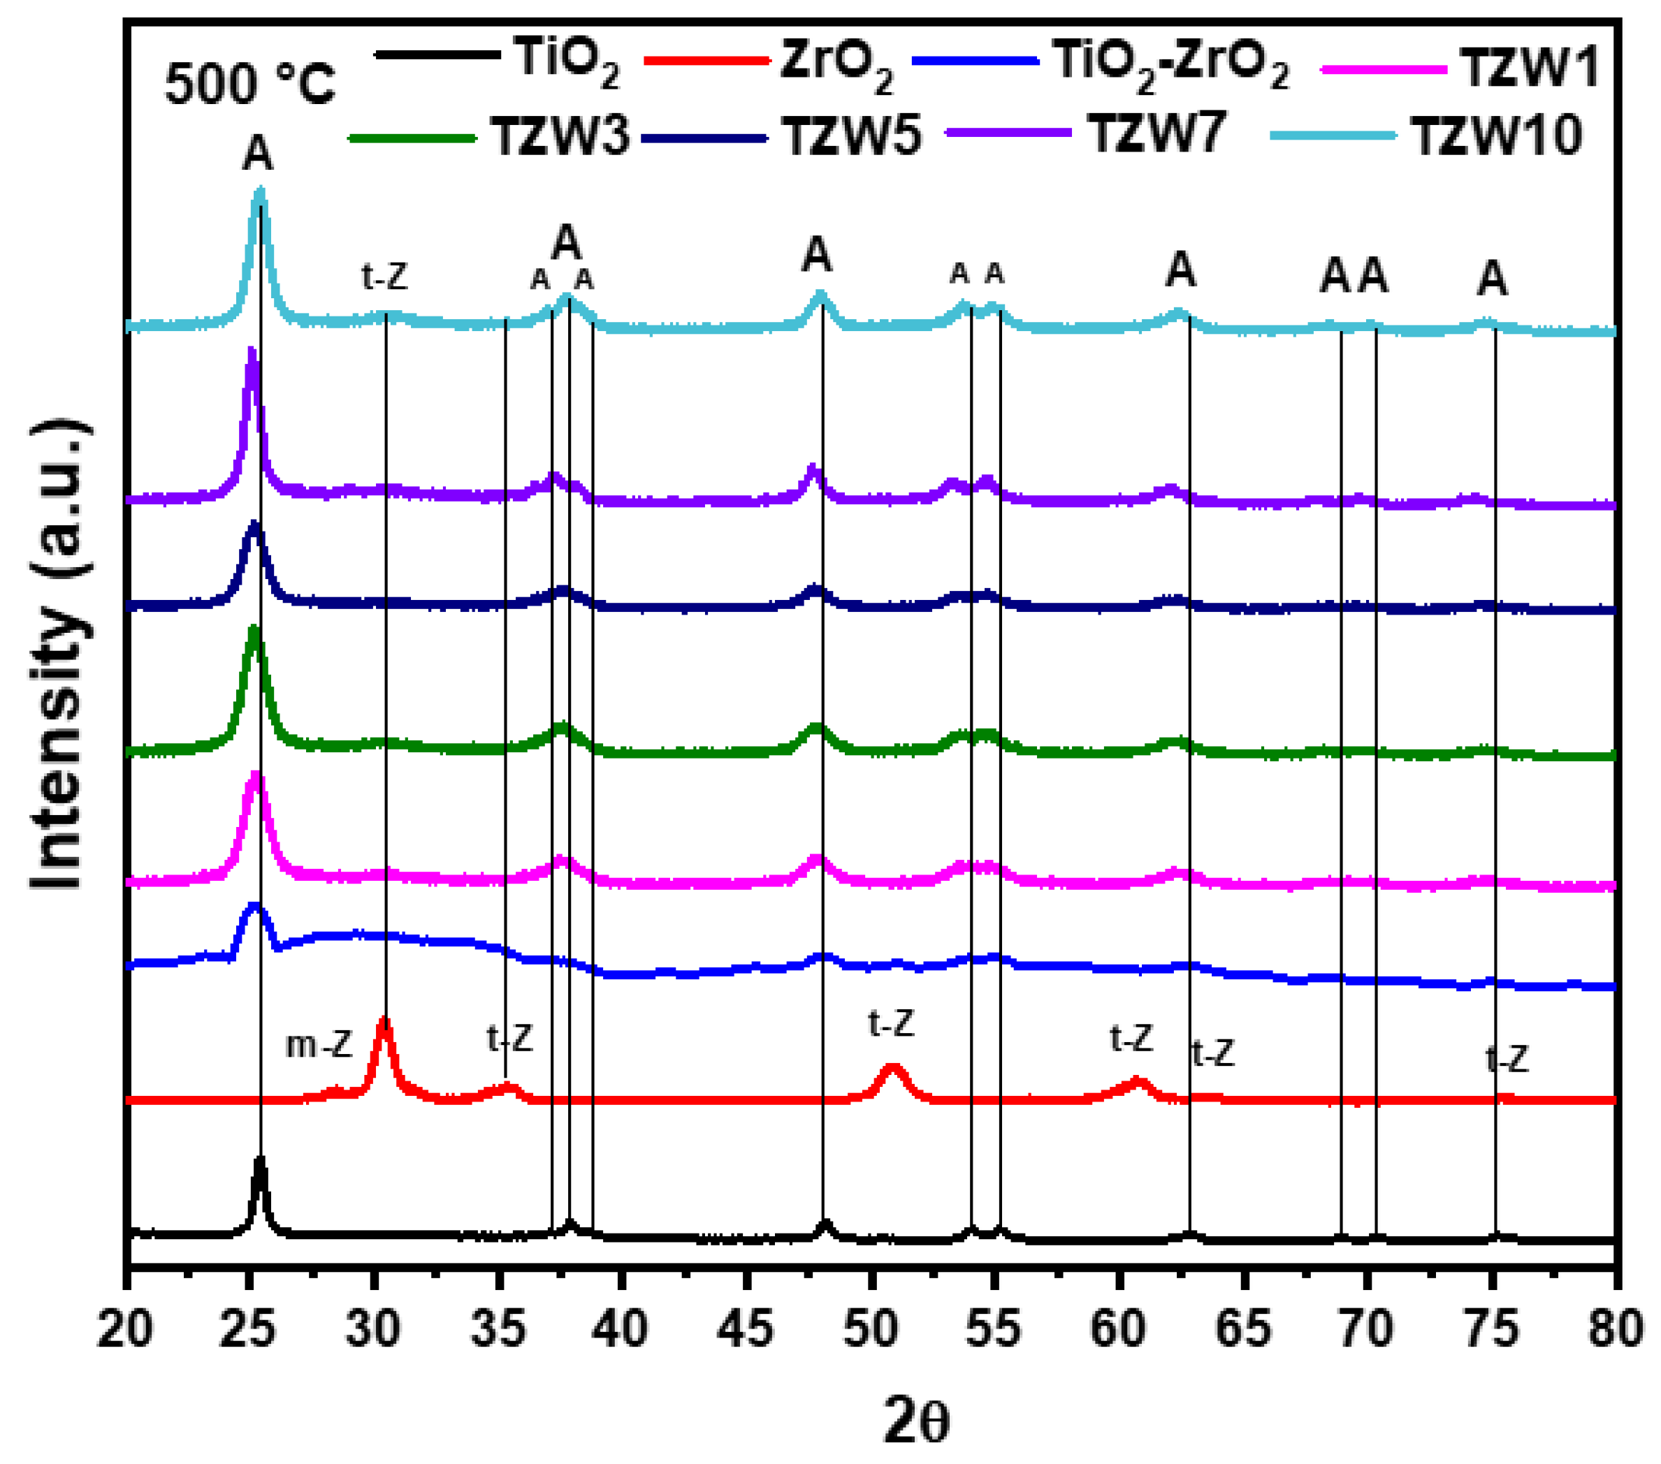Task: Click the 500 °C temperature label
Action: (x=249, y=84)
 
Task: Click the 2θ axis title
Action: (x=916, y=1420)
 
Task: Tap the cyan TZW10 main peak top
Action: (x=260, y=192)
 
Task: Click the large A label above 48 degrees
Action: (x=817, y=255)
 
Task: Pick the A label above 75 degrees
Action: (x=1492, y=279)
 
